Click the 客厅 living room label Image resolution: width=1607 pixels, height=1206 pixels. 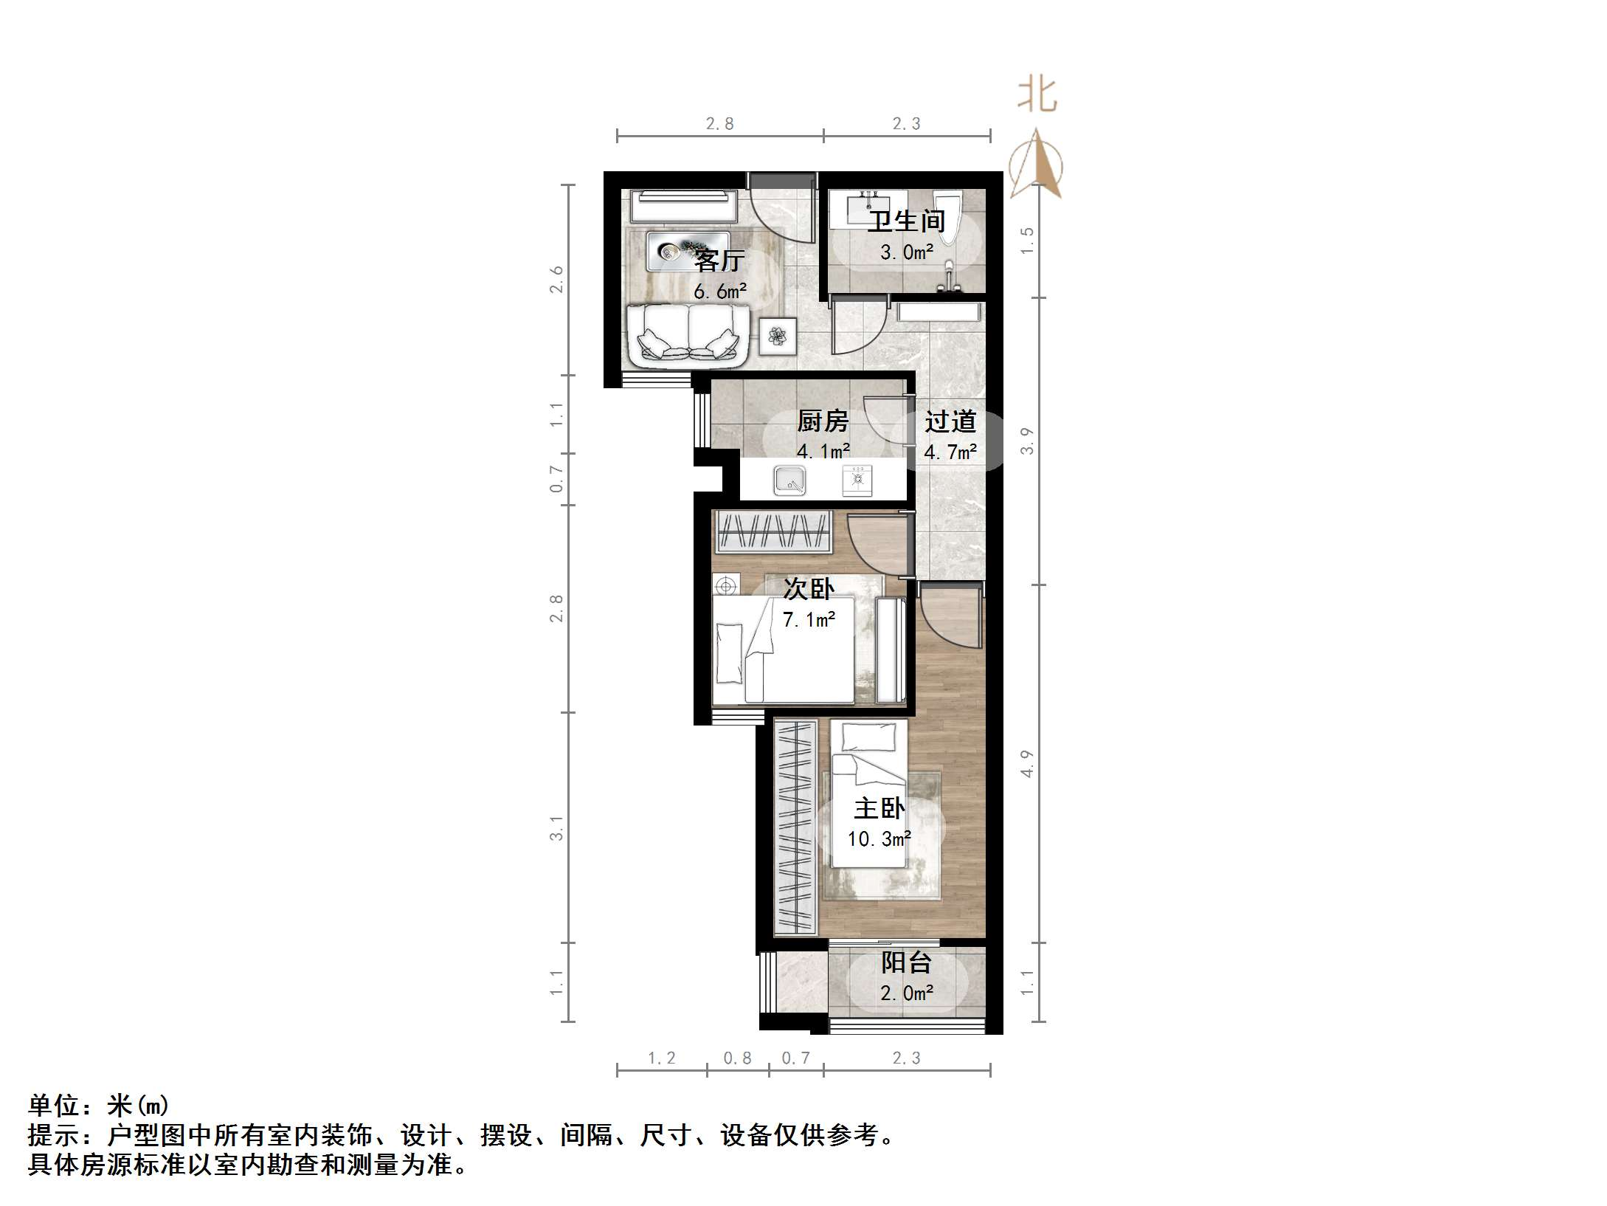pyautogui.click(x=719, y=261)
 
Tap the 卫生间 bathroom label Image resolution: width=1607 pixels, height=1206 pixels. pyautogui.click(x=906, y=221)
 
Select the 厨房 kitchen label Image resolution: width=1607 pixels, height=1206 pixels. pyautogui.click(x=823, y=421)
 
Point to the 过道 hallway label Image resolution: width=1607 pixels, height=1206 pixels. pyautogui.click(x=950, y=421)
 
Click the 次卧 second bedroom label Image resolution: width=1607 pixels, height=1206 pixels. pyautogui.click(x=809, y=589)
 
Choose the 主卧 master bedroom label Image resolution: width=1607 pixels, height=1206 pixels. pyautogui.click(x=879, y=809)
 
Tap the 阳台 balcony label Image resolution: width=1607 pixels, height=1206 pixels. pyautogui.click(x=906, y=962)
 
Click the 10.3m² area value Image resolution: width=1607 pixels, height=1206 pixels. pyautogui.click(x=879, y=839)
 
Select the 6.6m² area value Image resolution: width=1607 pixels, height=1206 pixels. pyautogui.click(x=719, y=292)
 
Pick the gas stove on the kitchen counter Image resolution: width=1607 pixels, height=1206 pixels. pyautogui.click(x=857, y=480)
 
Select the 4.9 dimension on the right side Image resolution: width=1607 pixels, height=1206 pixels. pyautogui.click(x=1027, y=763)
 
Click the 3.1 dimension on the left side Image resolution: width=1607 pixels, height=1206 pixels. pyautogui.click(x=556, y=827)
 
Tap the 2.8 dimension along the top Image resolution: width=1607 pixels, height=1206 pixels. pyautogui.click(x=719, y=124)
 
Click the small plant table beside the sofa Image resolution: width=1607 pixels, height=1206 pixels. pyautogui.click(x=778, y=337)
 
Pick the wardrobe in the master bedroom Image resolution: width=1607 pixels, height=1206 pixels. pyautogui.click(x=795, y=827)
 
